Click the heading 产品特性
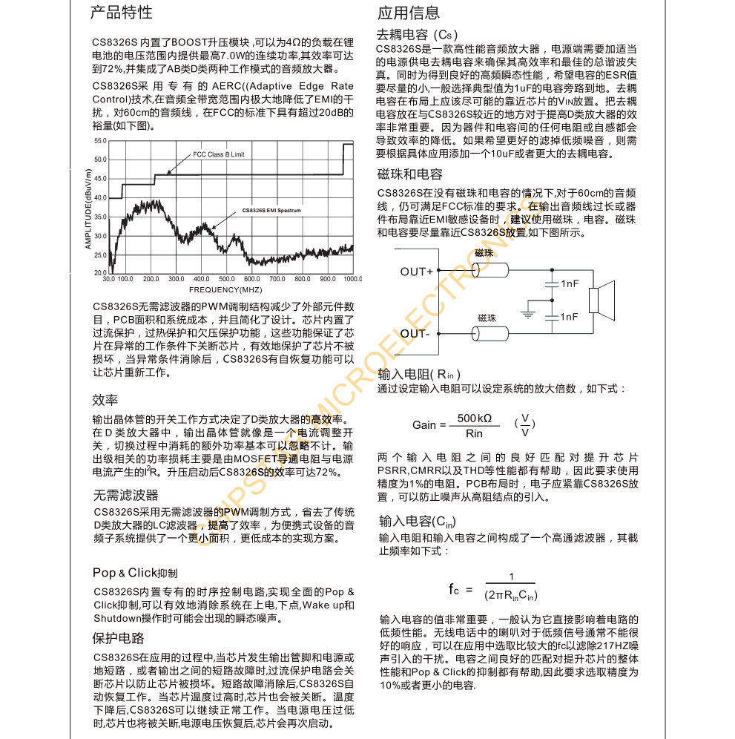click(122, 13)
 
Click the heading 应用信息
click(409, 13)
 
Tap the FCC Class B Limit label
click(218, 154)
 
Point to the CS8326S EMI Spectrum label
click(271, 211)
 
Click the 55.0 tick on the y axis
click(102, 141)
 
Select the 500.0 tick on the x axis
click(226, 279)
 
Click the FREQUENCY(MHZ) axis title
click(225, 289)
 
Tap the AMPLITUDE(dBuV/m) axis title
click(88, 208)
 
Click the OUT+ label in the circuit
click(416, 272)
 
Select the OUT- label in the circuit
click(415, 333)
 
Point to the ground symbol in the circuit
click(527, 312)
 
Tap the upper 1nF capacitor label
click(569, 283)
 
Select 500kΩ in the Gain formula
click(474, 418)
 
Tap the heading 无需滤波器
click(125, 495)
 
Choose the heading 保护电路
click(119, 638)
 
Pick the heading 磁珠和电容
click(410, 174)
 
